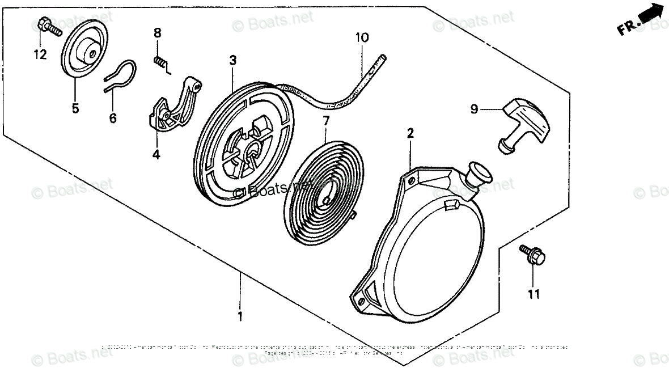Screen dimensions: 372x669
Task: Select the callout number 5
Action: [75, 108]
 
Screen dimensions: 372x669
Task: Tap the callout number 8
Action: [158, 33]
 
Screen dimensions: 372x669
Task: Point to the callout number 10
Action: [362, 38]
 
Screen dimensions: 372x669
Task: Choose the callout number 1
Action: [240, 315]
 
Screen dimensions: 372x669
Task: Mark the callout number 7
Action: [325, 120]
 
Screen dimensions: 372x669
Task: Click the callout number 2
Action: [410, 133]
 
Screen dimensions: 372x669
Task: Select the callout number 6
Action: [112, 118]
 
